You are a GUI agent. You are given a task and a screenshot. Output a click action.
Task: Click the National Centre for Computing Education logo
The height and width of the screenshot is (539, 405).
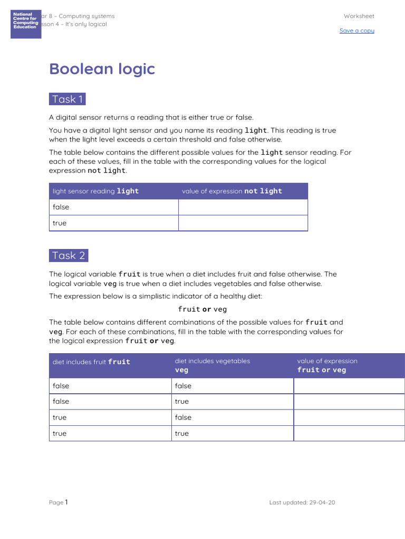26,24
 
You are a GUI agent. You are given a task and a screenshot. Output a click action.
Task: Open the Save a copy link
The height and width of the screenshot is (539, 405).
356,31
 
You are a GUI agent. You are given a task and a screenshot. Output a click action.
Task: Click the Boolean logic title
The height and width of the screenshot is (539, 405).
102,69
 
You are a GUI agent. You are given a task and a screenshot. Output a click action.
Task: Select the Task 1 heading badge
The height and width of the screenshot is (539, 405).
67,99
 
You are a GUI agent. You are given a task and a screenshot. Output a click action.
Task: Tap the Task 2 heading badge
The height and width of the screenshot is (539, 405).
69,255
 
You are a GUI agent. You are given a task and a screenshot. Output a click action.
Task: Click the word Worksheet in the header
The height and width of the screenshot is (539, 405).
359,16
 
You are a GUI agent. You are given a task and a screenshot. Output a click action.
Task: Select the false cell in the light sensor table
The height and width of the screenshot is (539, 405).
61,207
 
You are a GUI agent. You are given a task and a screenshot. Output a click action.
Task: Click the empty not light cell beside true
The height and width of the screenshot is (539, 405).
243,223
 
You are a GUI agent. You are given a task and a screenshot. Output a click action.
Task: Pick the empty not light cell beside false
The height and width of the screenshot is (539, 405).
243,207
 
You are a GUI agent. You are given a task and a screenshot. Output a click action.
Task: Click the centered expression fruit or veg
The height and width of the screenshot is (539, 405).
202,309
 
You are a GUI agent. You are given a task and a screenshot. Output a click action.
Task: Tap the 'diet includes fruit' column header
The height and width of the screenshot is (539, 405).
91,362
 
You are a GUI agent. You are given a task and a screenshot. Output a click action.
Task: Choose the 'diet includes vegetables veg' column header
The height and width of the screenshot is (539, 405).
213,365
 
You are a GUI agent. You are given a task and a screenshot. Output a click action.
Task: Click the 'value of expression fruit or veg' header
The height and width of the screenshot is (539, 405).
327,365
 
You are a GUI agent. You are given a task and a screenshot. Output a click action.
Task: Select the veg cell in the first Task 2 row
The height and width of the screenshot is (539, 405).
183,386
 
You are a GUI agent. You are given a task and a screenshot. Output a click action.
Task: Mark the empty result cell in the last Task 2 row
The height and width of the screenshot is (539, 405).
349,434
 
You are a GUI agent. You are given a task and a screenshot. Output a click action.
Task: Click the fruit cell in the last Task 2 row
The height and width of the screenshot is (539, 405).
60,434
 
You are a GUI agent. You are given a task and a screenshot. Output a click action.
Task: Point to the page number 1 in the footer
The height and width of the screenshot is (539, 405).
66,502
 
